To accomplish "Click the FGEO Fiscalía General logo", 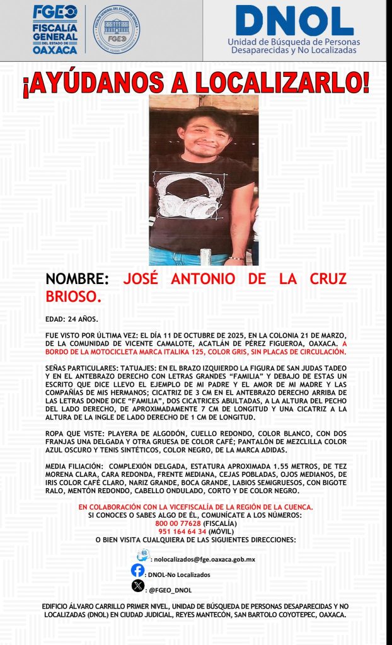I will (x=55, y=30).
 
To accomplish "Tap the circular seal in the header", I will (x=117, y=30).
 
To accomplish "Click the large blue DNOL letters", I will (x=294, y=21).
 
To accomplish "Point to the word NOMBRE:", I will (x=78, y=279).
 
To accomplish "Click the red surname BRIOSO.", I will (x=73, y=295).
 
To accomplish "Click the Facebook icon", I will (x=137, y=570).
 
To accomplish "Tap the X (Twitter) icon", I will (x=137, y=586).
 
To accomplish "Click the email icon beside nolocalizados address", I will (x=142, y=556).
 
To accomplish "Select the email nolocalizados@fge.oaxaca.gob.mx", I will (x=204, y=559).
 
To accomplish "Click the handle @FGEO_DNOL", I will (x=170, y=590).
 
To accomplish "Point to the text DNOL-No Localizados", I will (x=178, y=574).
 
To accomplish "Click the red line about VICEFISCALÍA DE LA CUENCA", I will (x=196, y=507).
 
